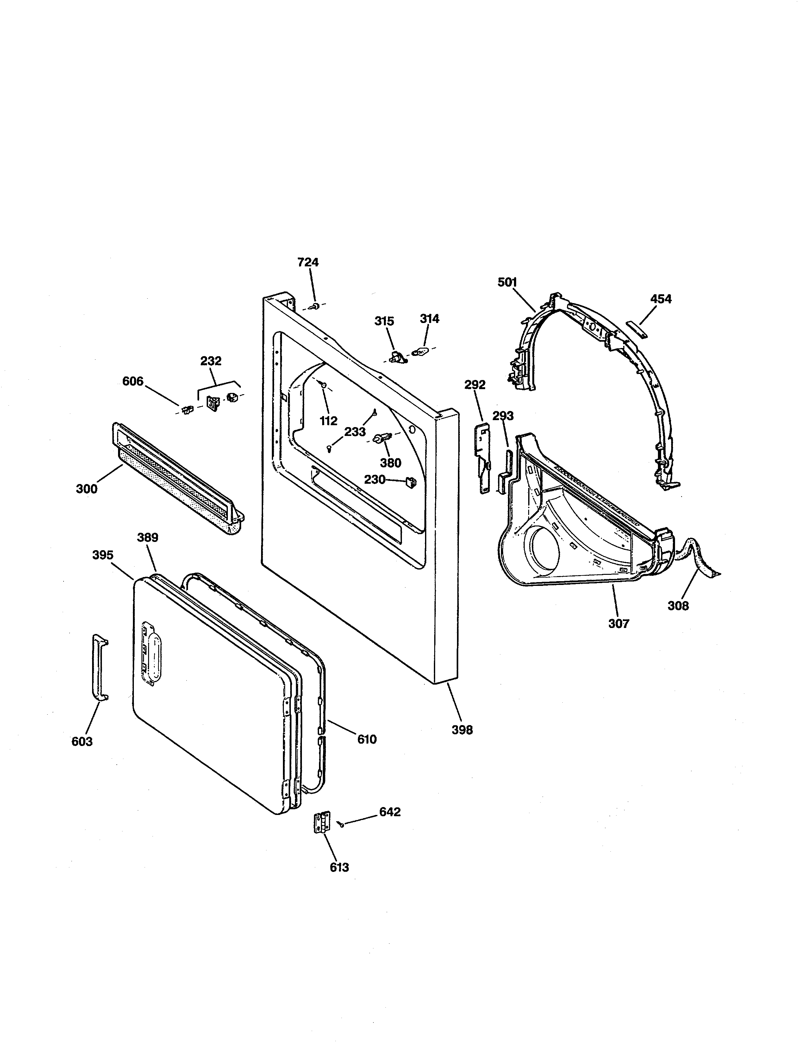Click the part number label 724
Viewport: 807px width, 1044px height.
click(308, 262)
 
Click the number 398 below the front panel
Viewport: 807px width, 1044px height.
click(462, 743)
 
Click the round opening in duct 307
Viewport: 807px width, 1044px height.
click(543, 548)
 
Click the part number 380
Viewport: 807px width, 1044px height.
click(391, 463)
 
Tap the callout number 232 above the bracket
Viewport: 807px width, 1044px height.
click(211, 361)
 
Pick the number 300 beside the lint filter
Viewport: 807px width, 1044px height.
click(86, 488)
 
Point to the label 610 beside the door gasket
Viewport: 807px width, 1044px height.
click(367, 740)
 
